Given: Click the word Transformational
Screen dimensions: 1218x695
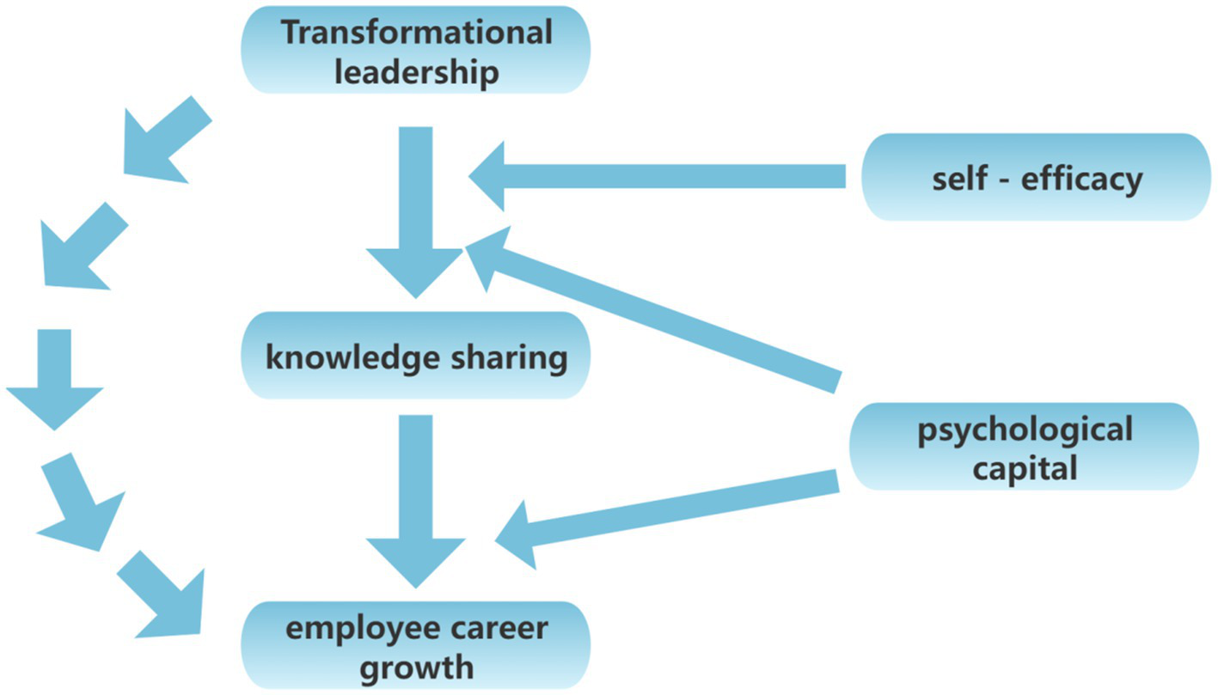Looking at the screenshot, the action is tap(417, 33).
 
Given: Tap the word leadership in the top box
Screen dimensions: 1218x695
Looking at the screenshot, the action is tap(417, 71).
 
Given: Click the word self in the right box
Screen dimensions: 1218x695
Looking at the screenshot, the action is tap(958, 179).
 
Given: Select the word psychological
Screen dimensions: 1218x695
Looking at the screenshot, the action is tap(1024, 429).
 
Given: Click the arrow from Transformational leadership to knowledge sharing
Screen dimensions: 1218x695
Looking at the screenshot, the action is tap(416, 215).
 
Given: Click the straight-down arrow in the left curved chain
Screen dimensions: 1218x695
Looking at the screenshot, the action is tap(55, 378).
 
